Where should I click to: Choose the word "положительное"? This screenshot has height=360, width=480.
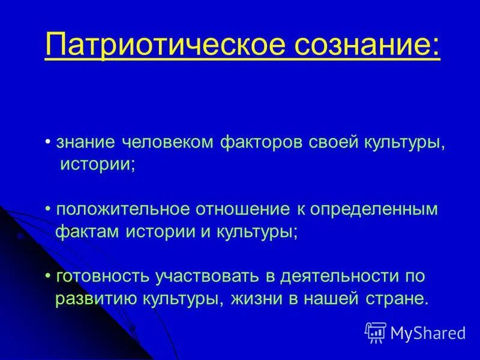click(122, 210)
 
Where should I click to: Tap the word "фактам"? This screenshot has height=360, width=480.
click(88, 232)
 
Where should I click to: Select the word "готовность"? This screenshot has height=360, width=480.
click(104, 277)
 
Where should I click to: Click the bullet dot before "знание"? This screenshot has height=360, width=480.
click(48, 143)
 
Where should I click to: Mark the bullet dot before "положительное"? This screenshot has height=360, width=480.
click(48, 211)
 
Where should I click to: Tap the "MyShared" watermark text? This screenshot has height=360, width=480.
click(428, 332)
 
